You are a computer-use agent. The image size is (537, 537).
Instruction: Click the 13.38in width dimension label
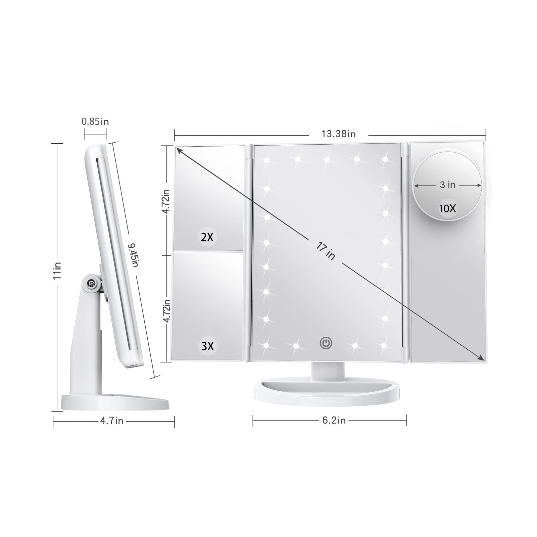click(338, 134)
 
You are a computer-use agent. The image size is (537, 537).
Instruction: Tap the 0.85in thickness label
click(95, 121)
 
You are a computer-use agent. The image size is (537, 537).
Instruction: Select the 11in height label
click(57, 271)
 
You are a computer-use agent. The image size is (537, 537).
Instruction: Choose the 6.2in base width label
click(334, 420)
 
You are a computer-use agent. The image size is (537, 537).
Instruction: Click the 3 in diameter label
click(447, 185)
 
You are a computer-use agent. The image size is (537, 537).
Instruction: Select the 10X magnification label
click(448, 208)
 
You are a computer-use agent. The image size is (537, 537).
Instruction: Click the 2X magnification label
click(207, 238)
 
